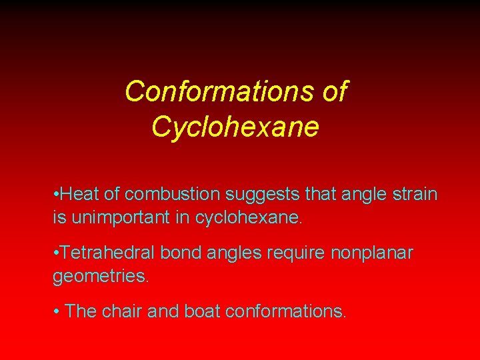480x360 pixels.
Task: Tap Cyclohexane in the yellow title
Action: coord(235,126)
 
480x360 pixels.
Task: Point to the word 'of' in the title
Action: coord(333,91)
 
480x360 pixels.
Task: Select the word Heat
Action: coord(78,195)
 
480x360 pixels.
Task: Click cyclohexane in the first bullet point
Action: coord(248,217)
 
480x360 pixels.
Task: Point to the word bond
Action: coord(174,253)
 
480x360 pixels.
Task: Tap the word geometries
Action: coord(101,276)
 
